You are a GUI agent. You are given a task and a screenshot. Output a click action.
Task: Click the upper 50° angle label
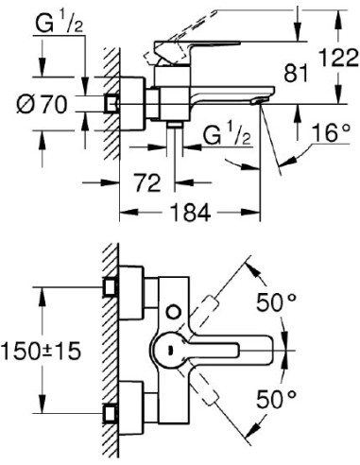[x=276, y=304]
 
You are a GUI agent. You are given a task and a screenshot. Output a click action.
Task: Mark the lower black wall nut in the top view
[x=111, y=412]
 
